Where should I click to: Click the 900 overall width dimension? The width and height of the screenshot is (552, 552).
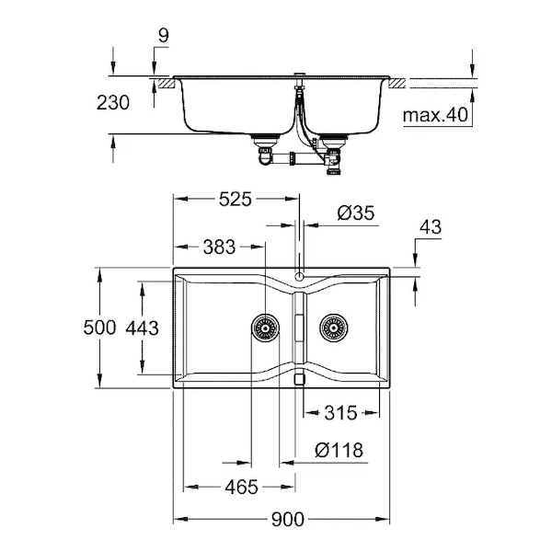click(x=288, y=519)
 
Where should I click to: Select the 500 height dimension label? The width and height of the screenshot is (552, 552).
click(x=99, y=328)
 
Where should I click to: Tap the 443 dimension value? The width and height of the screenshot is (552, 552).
click(x=143, y=328)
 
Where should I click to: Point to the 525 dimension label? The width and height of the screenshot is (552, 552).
click(x=236, y=200)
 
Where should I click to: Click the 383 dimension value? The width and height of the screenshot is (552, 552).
click(x=219, y=247)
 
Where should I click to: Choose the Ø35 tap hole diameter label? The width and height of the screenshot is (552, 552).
click(x=356, y=213)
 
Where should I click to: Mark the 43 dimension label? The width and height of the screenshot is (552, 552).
click(x=431, y=227)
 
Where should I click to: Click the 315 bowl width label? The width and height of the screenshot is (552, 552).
click(x=340, y=412)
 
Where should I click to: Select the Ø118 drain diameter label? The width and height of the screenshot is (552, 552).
click(x=339, y=450)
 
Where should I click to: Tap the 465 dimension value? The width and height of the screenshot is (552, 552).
click(x=241, y=488)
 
